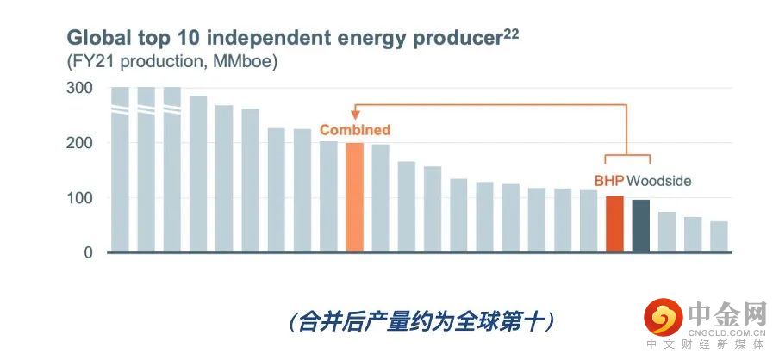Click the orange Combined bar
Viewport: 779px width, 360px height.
354,197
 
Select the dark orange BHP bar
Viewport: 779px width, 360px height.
614,224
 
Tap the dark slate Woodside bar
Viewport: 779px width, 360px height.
640,226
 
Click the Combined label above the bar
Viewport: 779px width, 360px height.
355,130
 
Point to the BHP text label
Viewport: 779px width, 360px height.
608,181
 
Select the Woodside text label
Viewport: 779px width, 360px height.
658,181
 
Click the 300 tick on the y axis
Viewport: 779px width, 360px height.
79,88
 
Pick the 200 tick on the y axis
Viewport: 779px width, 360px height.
79,143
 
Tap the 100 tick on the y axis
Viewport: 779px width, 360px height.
79,198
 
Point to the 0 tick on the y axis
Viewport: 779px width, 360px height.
88,252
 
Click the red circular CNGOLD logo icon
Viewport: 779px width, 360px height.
664,317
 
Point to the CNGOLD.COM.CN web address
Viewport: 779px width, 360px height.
726,332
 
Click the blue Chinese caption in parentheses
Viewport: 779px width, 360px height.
421,322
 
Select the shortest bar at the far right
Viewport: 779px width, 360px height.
719,236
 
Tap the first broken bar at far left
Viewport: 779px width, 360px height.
121,170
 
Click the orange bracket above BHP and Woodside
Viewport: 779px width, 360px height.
627,154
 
